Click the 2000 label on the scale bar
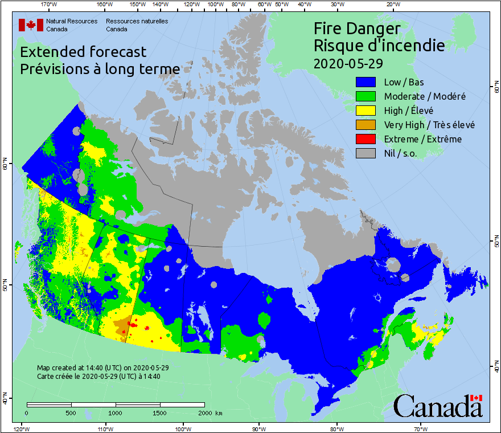coord(204,413)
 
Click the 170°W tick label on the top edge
coord(50,5)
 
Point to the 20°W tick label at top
coord(392,5)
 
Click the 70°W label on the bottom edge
coord(420,428)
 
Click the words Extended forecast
coord(83,52)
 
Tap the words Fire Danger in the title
coord(357,28)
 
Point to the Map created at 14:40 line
coord(102,368)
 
